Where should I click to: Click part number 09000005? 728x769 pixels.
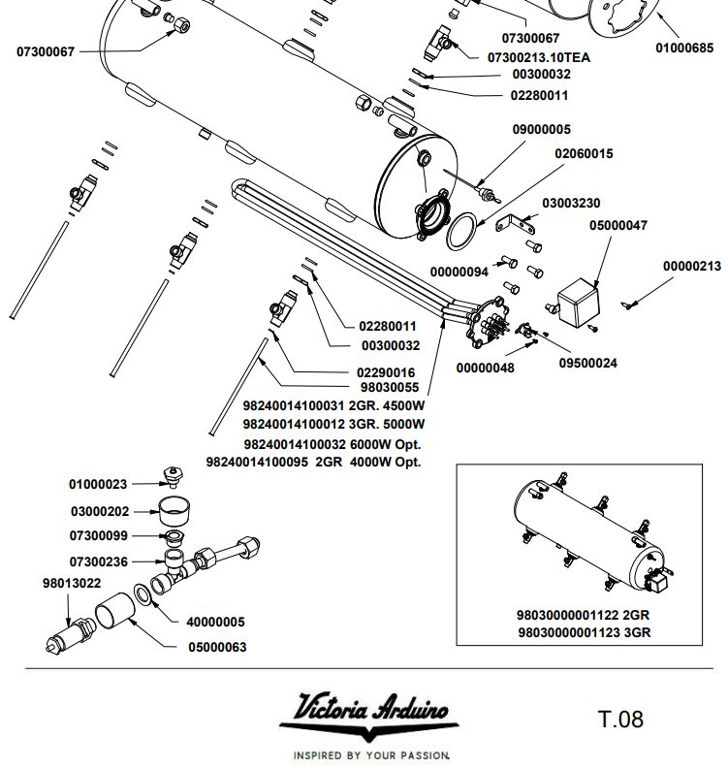coord(541,130)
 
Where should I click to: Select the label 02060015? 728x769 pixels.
coord(584,153)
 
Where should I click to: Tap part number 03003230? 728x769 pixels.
coord(571,204)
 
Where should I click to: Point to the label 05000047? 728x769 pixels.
coord(618,226)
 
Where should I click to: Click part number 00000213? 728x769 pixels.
coord(692,266)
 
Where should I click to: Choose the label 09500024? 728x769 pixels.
coord(587,364)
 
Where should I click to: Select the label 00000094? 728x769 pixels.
coord(459,272)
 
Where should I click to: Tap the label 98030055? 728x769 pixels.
coord(388,387)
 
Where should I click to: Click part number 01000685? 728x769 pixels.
coord(684,48)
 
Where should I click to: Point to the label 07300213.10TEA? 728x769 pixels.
coord(540,57)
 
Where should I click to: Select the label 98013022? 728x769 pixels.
coord(71,584)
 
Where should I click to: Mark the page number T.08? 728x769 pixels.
coord(620,720)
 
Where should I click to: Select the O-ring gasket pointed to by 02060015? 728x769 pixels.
coord(464,231)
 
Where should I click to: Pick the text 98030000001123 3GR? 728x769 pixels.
coord(583,633)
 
